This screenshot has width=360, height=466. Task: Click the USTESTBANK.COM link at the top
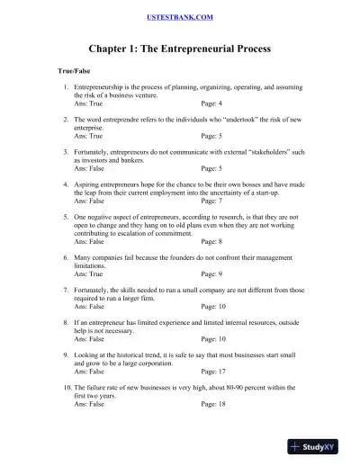pos(179,17)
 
